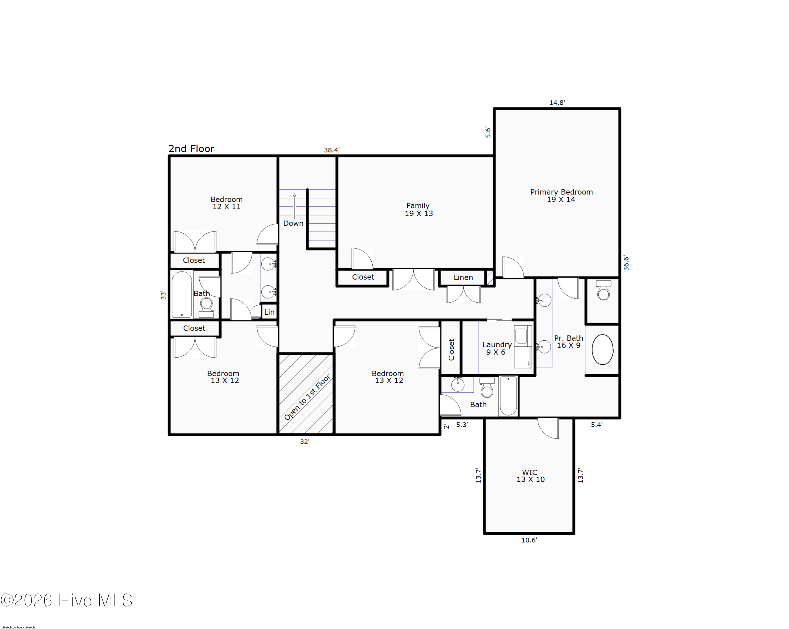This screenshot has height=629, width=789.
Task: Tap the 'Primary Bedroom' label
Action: coord(562,192)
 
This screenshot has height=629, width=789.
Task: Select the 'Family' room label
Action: coord(418,206)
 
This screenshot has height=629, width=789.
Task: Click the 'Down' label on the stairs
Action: coord(293,223)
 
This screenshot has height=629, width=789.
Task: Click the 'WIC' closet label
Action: coord(529,473)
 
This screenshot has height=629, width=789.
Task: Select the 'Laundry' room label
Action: coord(497,345)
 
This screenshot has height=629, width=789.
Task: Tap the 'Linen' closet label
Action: coord(463,278)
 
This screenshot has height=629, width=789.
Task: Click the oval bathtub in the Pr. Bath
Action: coord(602,350)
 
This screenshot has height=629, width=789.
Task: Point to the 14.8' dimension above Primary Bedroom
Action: coord(557,103)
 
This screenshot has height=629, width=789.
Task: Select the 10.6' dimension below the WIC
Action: coord(529,540)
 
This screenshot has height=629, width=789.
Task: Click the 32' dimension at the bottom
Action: coord(305,442)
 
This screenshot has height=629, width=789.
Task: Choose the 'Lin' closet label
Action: coord(269,312)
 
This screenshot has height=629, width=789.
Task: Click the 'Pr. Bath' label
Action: coord(568,338)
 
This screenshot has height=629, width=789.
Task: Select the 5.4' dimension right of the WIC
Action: coord(596,425)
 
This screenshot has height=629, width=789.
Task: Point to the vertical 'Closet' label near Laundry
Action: coord(451,350)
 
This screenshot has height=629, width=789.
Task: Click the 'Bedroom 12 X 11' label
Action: coord(226,203)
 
